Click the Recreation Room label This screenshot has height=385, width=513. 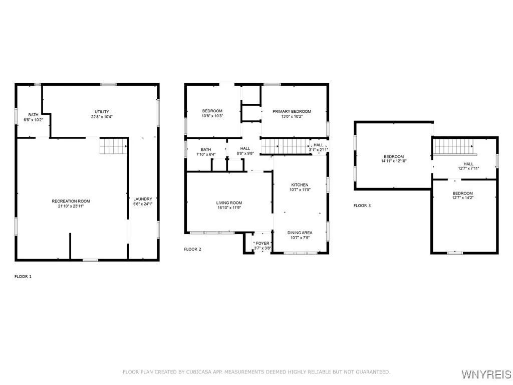tap(71, 201)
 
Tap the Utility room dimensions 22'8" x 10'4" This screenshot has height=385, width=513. tap(102, 116)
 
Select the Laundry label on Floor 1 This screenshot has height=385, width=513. tap(143, 199)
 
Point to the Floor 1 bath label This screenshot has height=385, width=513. tap(33, 115)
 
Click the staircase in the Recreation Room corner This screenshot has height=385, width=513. tap(113, 146)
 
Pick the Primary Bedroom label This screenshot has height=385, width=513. tap(292, 111)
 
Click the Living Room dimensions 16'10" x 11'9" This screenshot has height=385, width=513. tap(229, 208)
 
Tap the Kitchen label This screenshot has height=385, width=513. tap(300, 184)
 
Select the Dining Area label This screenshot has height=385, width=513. tap(300, 233)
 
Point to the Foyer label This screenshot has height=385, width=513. tap(263, 243)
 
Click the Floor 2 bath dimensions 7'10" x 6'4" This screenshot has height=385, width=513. tap(206, 154)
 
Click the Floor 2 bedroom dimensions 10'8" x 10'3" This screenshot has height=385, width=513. tap(212, 116)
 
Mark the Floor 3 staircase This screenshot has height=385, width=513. tap(454, 146)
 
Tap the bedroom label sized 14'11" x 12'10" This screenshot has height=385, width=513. tap(394, 156)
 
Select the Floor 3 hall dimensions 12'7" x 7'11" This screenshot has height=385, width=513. tap(468, 168)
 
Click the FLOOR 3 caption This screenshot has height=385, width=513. tap(362, 206)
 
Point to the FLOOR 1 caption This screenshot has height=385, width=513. tap(23, 277)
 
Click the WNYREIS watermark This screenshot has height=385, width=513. tap(486, 374)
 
